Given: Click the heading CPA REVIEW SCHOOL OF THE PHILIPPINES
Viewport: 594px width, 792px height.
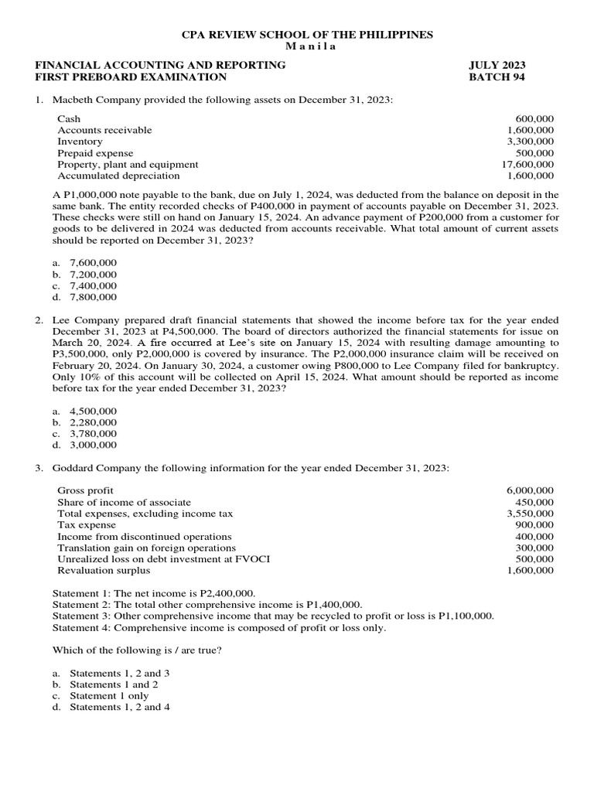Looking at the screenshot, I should [307, 35].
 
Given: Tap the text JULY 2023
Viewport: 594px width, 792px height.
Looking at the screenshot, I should [498, 66].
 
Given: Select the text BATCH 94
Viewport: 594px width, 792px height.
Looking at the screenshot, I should [497, 77].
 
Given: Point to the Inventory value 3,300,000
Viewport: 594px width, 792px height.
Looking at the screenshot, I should [530, 142].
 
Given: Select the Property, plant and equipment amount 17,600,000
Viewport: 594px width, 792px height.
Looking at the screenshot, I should [527, 164].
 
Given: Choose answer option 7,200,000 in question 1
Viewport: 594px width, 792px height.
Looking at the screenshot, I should [93, 275].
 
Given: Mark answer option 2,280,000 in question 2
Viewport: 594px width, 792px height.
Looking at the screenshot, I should [93, 422].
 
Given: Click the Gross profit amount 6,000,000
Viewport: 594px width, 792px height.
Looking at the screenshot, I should [530, 490].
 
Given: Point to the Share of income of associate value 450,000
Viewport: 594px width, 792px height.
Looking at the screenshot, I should [534, 502].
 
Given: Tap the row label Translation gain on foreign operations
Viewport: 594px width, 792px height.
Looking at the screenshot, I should [145, 548].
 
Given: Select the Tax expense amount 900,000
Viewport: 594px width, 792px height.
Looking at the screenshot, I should [534, 524].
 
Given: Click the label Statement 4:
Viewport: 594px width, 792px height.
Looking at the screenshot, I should [81, 627].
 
